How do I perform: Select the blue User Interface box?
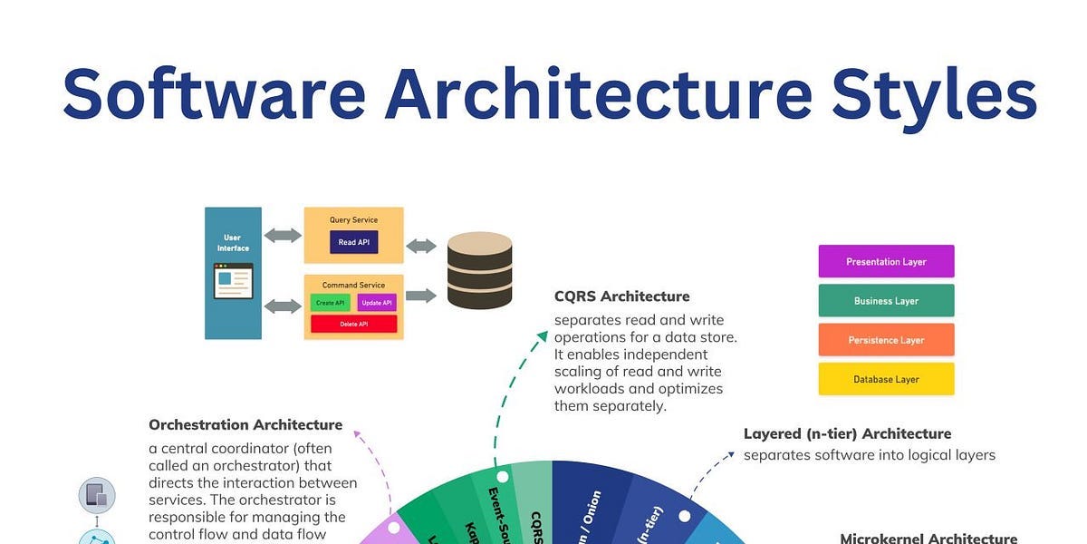click(233, 273)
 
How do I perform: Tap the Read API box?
click(353, 242)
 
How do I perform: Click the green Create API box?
click(329, 303)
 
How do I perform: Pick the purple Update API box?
click(376, 303)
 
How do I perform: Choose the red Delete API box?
click(353, 324)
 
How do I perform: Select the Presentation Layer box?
click(886, 261)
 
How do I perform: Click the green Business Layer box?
click(886, 301)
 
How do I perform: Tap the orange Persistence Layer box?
click(886, 340)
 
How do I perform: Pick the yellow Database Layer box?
click(886, 379)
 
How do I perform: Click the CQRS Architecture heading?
click(621, 296)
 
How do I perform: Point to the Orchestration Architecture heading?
click(245, 424)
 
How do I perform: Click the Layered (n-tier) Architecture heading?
click(847, 433)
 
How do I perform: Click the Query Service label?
click(353, 219)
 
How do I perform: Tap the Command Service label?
click(353, 285)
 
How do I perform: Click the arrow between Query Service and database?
click(421, 246)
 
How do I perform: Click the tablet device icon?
click(97, 495)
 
